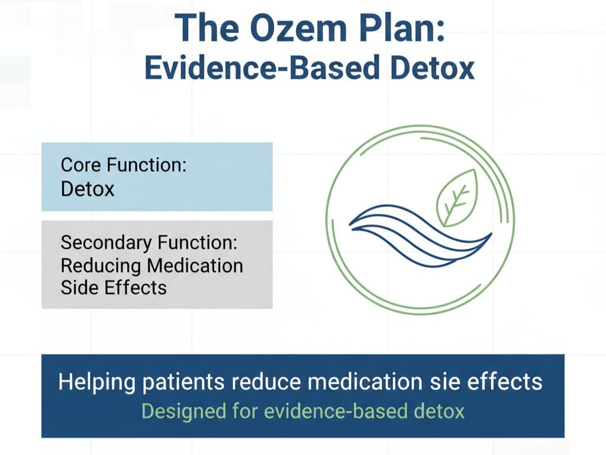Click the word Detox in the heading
432,68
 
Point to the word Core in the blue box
81,165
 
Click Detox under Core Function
88,189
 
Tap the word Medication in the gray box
195,266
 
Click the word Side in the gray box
79,288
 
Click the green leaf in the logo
457,198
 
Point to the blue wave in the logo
421,235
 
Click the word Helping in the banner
96,382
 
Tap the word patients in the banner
183,382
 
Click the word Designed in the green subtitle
184,411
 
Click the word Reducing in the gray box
101,267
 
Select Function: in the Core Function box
147,165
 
